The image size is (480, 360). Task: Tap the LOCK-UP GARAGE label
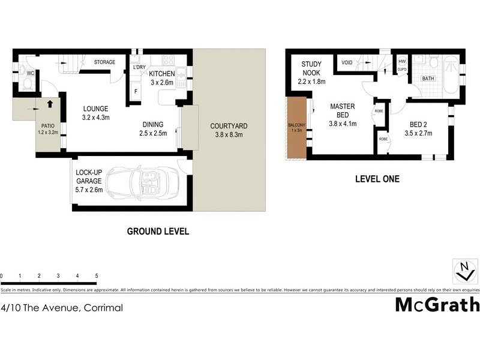point(89,181)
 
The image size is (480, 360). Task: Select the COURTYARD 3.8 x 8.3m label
point(229,131)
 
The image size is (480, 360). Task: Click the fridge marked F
point(136,91)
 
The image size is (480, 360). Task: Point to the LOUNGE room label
point(95,113)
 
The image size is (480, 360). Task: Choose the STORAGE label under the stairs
point(105,61)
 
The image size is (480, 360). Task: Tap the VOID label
point(347,62)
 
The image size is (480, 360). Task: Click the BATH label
point(428,79)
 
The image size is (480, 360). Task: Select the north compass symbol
point(463,271)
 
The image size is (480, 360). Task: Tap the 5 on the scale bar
point(97,275)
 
